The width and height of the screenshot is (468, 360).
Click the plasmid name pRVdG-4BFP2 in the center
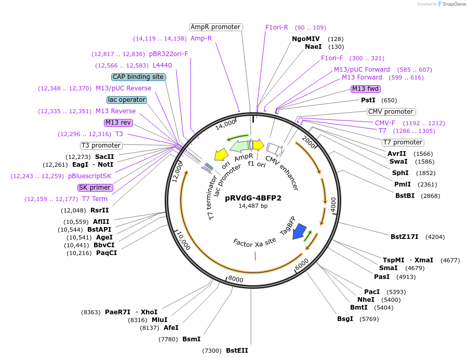pyautogui.click(x=253, y=197)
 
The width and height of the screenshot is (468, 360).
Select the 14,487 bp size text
pyautogui.click(x=253, y=206)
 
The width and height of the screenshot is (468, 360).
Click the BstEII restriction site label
pyautogui.click(x=237, y=351)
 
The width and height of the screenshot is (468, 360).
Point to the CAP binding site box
pyautogui.click(x=138, y=77)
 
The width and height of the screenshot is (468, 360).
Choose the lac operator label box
pyautogui.click(x=126, y=100)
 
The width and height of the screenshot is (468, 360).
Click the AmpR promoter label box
pyautogui.click(x=215, y=27)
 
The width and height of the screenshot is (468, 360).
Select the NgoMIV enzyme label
pyautogui.click(x=306, y=39)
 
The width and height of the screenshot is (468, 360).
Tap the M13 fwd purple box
pyautogui.click(x=365, y=88)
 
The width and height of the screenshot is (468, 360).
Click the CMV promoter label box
pyautogui.click(x=391, y=112)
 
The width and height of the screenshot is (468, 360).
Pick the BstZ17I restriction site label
pyautogui.click(x=405, y=237)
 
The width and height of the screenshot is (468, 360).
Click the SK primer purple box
pyautogui.click(x=95, y=188)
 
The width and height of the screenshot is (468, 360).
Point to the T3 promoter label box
pyautogui.click(x=101, y=145)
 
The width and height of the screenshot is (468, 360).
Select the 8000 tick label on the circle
pyautogui.click(x=236, y=279)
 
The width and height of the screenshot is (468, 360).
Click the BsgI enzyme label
pyautogui.click(x=345, y=318)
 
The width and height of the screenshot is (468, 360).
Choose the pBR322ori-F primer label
pyautogui.click(x=168, y=54)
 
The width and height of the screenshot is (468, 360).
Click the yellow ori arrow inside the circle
pyautogui.click(x=221, y=154)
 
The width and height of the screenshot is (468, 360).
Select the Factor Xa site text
pyautogui.click(x=255, y=243)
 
